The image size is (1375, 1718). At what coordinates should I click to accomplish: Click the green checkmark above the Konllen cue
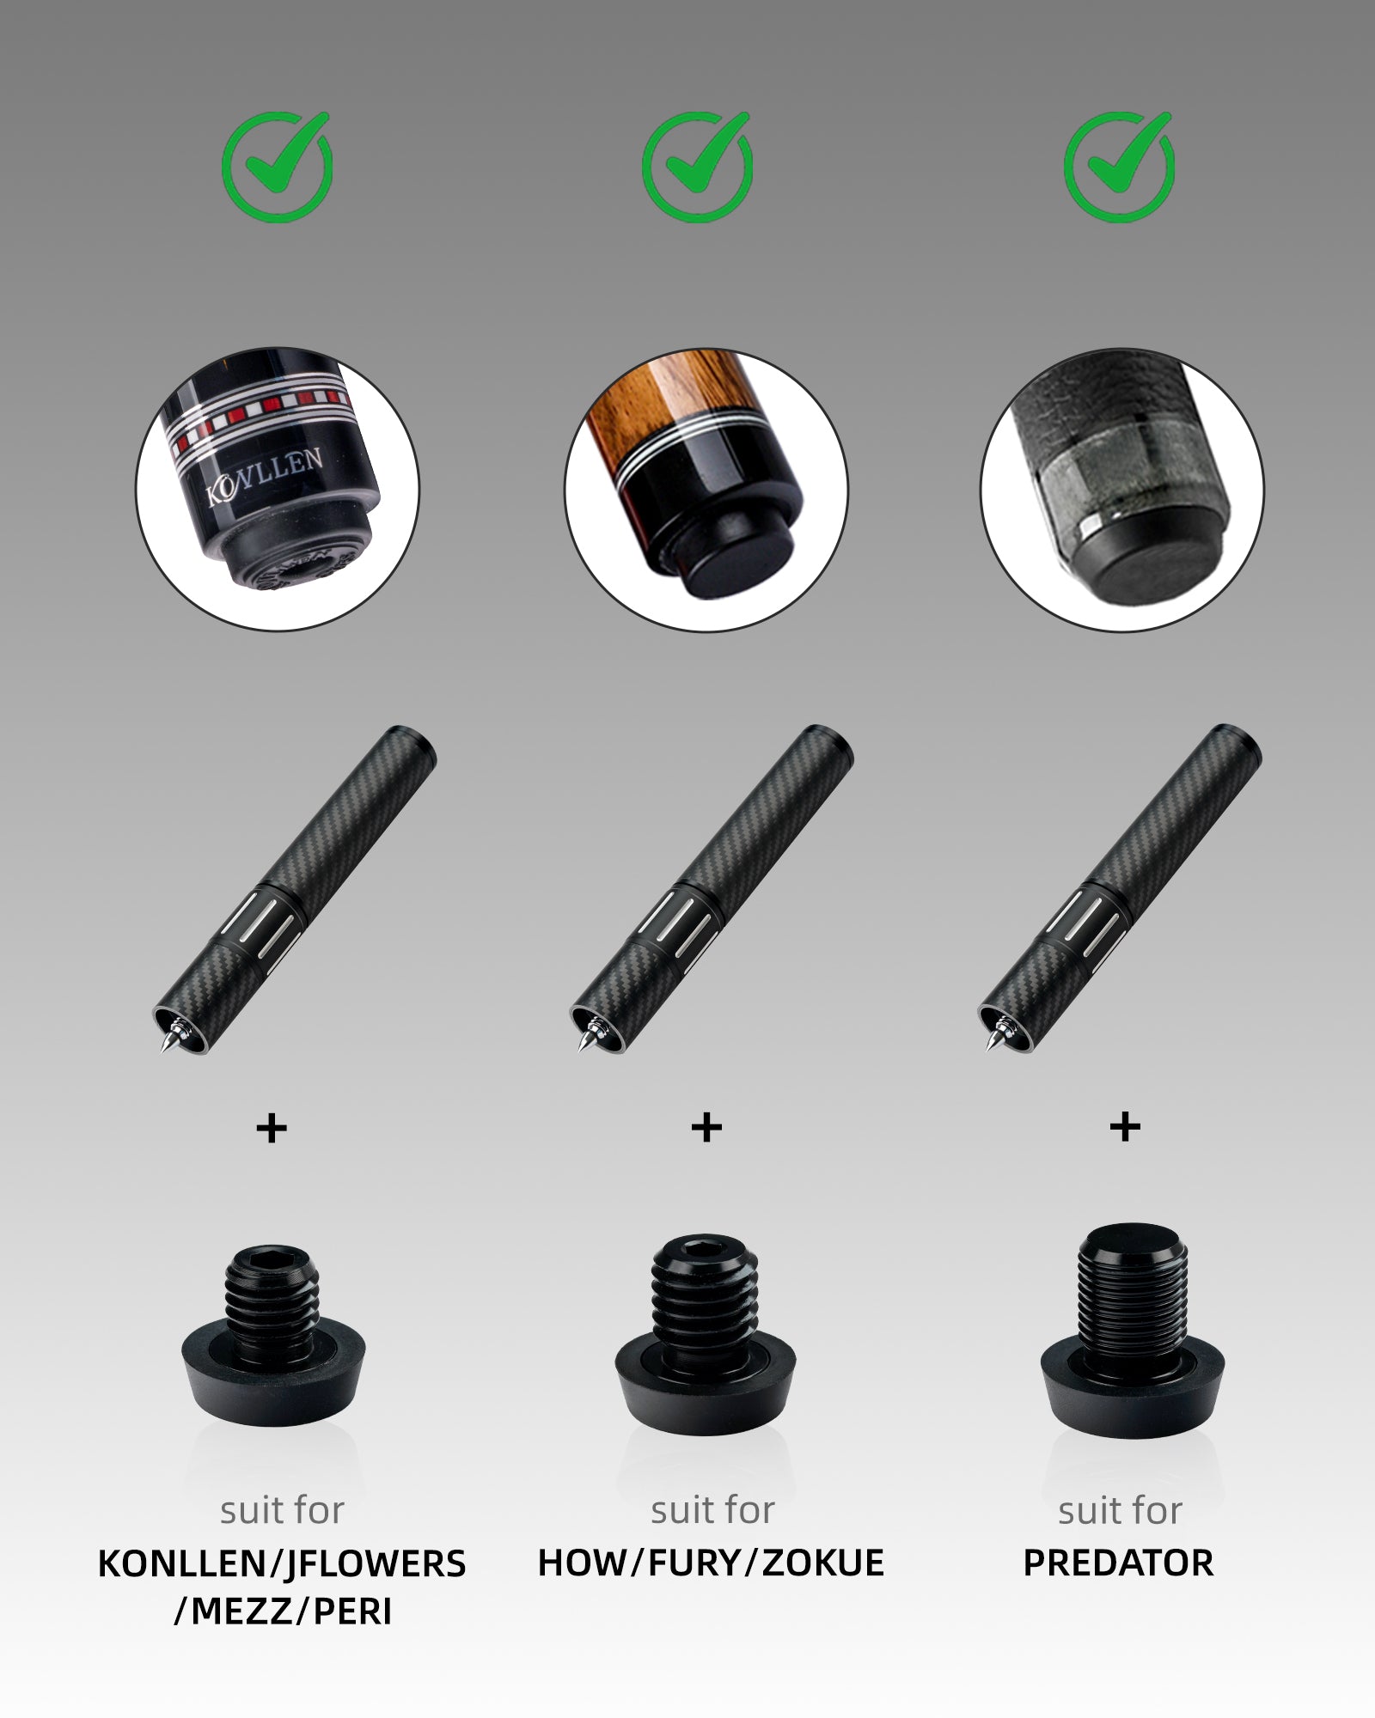tap(278, 168)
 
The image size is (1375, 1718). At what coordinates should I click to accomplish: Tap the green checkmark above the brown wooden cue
tap(698, 168)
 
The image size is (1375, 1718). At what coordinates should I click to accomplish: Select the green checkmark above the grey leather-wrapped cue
tap(1119, 168)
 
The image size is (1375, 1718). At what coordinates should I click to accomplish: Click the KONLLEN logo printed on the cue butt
tap(265, 475)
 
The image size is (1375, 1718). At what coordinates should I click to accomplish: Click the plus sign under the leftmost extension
tap(272, 1128)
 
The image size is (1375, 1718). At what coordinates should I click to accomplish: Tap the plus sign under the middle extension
tap(706, 1127)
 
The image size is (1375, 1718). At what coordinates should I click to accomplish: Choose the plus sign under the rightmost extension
tap(1125, 1127)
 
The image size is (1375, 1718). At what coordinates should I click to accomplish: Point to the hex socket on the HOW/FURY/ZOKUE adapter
tap(705, 1248)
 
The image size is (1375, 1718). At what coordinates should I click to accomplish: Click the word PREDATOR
tap(1118, 1563)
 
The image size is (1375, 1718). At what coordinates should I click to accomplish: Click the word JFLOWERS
tap(375, 1564)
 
